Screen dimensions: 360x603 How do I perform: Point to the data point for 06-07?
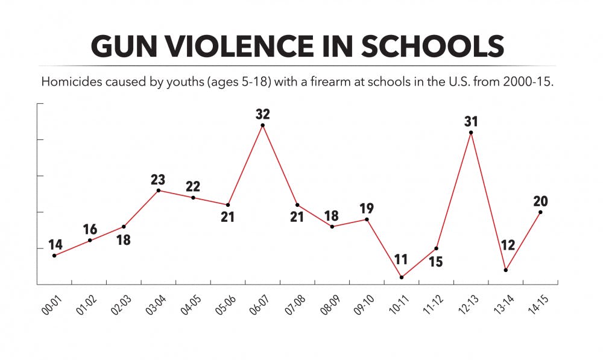point(262,125)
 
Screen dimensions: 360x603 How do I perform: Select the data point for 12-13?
point(470,133)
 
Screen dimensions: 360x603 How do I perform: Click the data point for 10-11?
point(402,277)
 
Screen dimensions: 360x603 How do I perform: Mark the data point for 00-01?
point(54,256)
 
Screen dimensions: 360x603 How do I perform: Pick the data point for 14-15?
point(540,212)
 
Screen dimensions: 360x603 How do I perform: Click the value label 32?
point(262,113)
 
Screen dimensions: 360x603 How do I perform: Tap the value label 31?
point(471,121)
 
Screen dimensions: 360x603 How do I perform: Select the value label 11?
point(401,261)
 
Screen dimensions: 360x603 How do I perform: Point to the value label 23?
point(158,179)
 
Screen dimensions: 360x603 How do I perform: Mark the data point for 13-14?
point(505,270)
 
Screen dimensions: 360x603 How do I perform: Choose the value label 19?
point(367,209)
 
